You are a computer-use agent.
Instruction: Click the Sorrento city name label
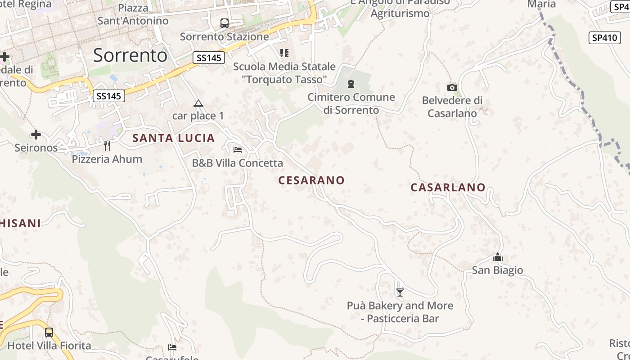pos(130,55)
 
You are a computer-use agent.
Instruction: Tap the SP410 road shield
pos(604,38)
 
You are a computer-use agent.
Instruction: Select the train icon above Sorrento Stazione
pos(224,23)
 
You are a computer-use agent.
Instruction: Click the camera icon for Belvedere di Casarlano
pos(452,87)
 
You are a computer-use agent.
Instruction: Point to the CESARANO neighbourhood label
pos(311,180)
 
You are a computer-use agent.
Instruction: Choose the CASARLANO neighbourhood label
pos(448,188)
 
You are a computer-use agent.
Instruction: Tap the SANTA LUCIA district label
pos(174,138)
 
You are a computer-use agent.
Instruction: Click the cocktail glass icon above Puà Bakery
pos(400,292)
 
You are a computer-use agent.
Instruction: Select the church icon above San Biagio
pos(497,257)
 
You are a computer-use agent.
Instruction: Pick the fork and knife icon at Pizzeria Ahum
pos(107,146)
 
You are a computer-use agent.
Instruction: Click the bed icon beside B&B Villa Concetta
pos(238,150)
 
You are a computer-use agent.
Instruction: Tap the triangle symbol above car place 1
pos(198,103)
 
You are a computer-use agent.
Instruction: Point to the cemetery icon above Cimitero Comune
pos(351,84)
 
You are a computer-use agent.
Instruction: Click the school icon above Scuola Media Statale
pos(284,53)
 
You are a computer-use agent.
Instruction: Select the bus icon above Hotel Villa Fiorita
pos(49,333)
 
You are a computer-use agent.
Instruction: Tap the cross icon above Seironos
pos(36,135)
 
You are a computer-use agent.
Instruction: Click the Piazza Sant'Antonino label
pos(133,14)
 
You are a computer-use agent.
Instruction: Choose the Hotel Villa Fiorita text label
pos(49,346)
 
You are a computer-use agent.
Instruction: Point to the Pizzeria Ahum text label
pos(107,159)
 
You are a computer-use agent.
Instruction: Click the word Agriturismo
pos(400,13)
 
